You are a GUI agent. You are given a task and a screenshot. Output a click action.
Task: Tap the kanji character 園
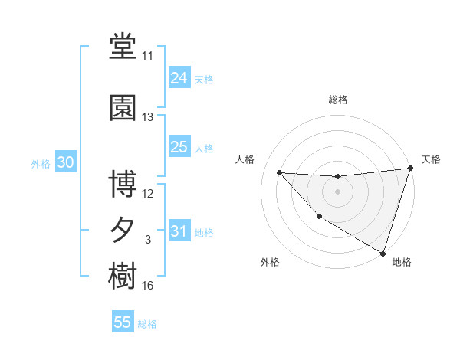tap(123, 108)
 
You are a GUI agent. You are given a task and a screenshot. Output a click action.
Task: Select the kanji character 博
tap(123, 185)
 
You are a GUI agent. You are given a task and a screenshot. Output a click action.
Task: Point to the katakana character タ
tap(123, 231)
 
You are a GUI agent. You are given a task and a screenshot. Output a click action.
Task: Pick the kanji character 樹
tap(123, 277)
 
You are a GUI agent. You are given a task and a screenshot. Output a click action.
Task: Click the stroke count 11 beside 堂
tap(147, 56)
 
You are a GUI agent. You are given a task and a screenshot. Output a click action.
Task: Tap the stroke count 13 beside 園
tap(147, 117)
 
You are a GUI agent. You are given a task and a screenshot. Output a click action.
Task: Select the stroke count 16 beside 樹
tap(147, 286)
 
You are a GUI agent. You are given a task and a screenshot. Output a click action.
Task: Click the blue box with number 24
tap(179, 77)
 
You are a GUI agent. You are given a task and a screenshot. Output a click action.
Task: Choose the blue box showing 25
tap(179, 146)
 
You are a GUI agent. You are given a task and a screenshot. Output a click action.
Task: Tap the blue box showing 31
tap(179, 231)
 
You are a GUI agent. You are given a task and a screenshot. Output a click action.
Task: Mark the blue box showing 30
tap(65, 162)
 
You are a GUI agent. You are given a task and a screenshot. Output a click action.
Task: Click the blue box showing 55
tap(123, 322)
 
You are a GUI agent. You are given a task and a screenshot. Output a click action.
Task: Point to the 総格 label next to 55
tap(147, 324)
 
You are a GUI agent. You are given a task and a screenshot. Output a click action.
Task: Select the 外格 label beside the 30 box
tap(41, 164)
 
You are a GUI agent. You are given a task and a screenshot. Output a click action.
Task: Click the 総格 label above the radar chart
tap(337, 100)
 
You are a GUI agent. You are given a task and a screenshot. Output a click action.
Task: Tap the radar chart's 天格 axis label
tap(431, 159)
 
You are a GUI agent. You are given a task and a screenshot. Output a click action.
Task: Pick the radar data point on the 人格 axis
tap(279, 172)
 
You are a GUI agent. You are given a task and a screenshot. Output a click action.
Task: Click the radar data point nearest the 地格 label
tap(382, 252)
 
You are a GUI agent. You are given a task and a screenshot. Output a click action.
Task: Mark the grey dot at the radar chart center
tap(337, 191)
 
